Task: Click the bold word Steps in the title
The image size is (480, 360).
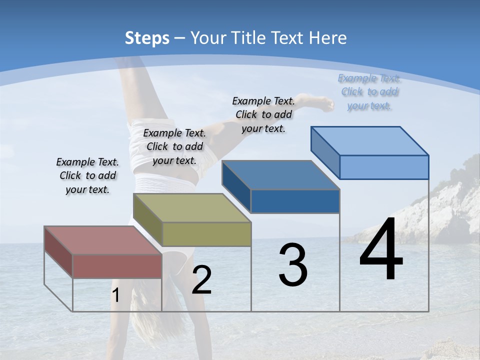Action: [x=147, y=38]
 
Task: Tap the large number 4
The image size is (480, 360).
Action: [x=381, y=250]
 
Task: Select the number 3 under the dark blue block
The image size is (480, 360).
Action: [x=293, y=265]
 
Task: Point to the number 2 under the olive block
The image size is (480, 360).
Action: [x=201, y=280]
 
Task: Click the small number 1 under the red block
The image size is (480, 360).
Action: [x=115, y=296]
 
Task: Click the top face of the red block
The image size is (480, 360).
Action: [x=102, y=240]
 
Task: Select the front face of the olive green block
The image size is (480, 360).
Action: [x=206, y=234]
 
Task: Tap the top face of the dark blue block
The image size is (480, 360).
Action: [x=280, y=175]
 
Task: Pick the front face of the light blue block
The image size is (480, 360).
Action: [x=384, y=167]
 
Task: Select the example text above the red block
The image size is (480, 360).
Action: [x=87, y=175]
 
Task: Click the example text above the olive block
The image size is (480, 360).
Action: [x=174, y=146]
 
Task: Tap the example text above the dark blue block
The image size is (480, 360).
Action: [x=263, y=114]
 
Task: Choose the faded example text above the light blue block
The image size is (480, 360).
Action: [x=369, y=91]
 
